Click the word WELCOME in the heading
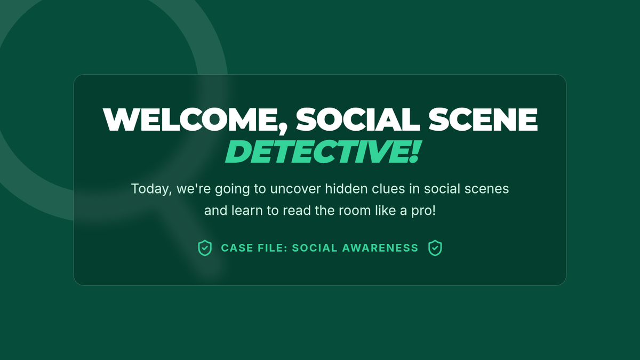[190, 119]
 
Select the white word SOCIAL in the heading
[358, 119]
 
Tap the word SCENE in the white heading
[483, 119]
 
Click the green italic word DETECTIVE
[316, 151]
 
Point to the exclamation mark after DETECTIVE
[415, 151]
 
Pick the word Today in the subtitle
[150, 189]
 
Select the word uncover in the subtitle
[295, 189]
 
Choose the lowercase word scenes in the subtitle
[486, 189]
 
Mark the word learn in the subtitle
[247, 211]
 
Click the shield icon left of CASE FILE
[205, 248]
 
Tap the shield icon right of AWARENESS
[435, 248]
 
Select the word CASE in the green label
[237, 248]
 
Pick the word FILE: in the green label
[273, 248]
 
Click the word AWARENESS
[380, 248]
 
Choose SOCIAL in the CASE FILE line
[315, 248]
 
